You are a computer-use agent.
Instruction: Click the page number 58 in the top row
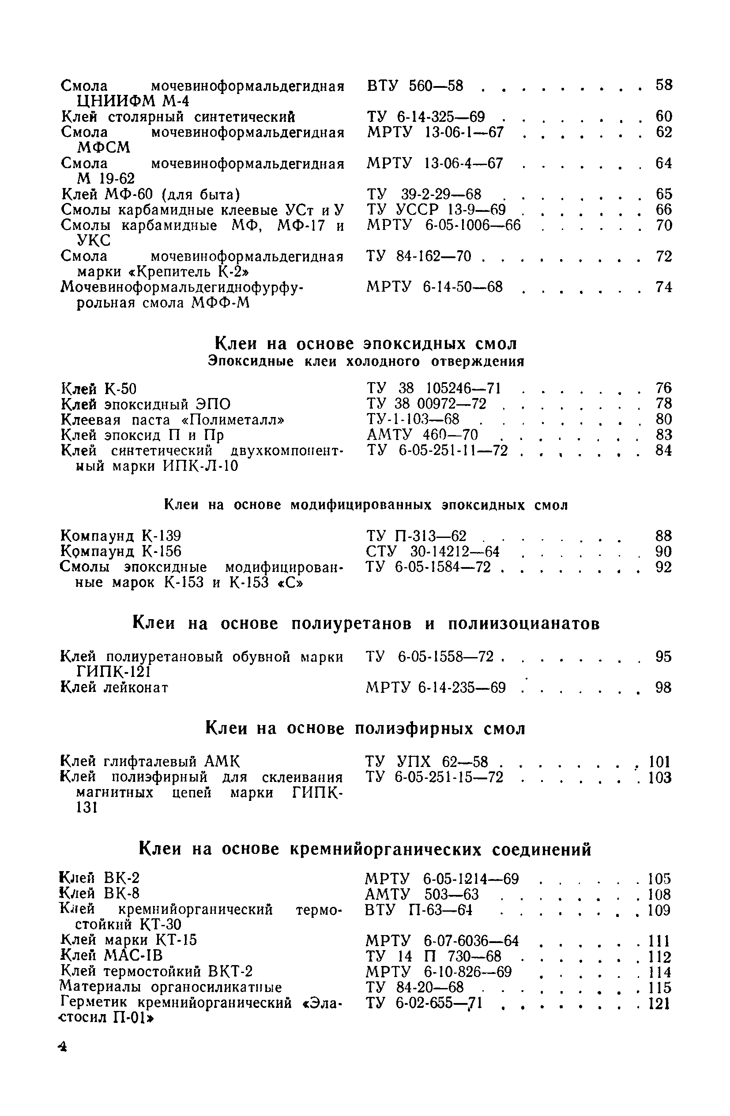point(663,85)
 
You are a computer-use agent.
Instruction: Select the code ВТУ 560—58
point(415,86)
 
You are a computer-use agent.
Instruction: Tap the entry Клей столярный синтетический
point(178,117)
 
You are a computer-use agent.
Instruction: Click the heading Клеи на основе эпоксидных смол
point(366,344)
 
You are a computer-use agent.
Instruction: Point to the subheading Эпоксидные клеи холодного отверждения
point(366,361)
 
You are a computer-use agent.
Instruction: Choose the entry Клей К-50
point(99,389)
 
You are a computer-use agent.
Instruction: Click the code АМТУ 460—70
point(422,435)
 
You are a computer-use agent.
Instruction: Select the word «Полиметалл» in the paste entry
point(233,419)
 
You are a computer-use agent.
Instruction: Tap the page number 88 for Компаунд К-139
point(663,535)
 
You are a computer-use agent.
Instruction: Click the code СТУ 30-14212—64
point(432,552)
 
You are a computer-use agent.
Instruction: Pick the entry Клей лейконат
point(115,688)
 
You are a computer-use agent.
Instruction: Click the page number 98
point(663,688)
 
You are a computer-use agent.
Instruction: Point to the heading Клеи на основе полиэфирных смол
point(366,728)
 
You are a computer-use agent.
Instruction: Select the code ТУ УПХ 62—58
point(427,762)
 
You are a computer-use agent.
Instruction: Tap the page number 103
point(660,778)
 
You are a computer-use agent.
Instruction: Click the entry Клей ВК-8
point(100,893)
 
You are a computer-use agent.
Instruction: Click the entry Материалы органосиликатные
point(171,987)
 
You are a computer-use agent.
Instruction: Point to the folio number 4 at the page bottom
point(62,1047)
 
